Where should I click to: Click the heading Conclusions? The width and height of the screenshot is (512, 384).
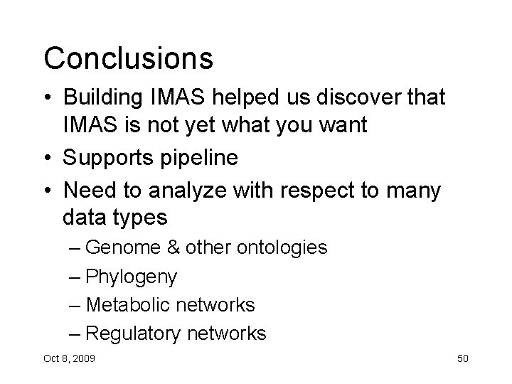pos(128,59)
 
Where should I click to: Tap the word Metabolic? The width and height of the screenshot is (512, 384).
pos(133,304)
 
